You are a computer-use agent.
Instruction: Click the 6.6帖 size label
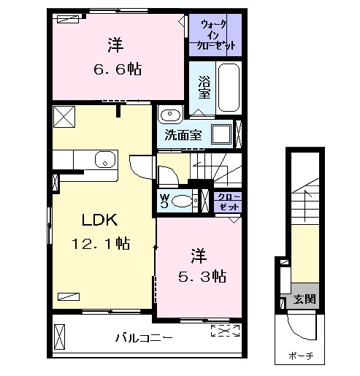(117, 70)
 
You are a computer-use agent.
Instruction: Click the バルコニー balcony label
(143, 339)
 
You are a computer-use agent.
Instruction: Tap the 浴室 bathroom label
(204, 88)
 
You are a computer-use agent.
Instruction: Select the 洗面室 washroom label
(183, 135)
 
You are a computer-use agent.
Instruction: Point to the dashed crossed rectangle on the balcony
(225, 332)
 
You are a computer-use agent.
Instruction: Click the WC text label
(164, 201)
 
